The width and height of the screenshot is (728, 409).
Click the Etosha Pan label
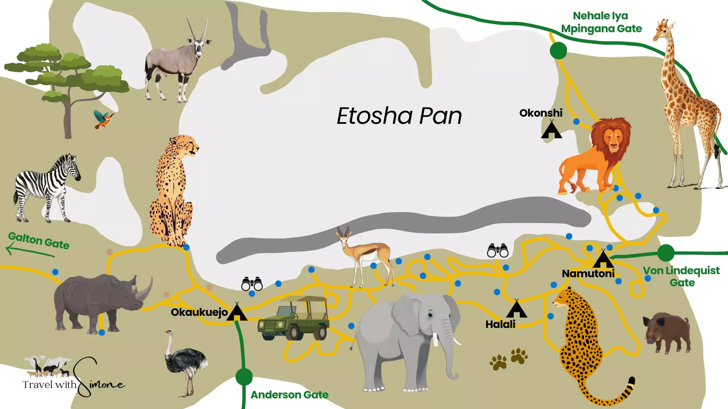399,116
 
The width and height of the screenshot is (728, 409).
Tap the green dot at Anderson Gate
244,376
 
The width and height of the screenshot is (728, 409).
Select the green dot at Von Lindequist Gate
665,253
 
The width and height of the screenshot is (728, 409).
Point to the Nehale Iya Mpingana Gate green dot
558,50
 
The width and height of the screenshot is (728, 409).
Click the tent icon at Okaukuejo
237,312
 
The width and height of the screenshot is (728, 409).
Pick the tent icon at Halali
516,309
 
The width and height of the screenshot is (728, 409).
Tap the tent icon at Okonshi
551,130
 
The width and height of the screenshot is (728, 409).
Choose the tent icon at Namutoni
603,259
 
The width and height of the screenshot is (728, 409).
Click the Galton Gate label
39,240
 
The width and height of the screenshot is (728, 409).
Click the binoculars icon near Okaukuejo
252,284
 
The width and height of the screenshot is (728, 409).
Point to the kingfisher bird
103,119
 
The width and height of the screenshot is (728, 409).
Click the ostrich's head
168,333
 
